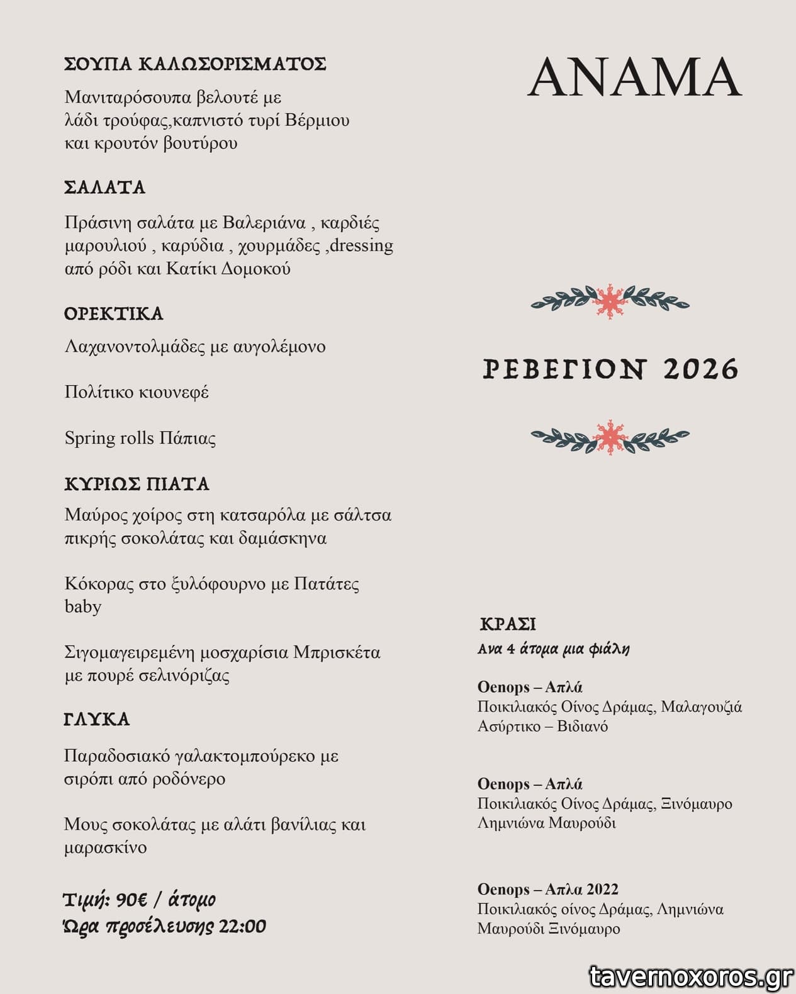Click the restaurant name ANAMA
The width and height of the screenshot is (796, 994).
(x=634, y=77)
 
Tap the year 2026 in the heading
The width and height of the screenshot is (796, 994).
(x=700, y=369)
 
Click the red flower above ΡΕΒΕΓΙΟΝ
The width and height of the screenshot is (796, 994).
(x=609, y=301)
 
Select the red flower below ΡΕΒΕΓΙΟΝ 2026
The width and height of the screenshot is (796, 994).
(x=609, y=437)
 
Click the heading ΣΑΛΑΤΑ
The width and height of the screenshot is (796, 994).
(x=105, y=187)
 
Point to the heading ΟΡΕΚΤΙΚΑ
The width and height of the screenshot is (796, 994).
(x=114, y=313)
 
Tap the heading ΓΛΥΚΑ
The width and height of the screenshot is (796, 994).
(x=97, y=719)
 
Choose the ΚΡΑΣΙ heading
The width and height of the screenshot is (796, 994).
(x=508, y=624)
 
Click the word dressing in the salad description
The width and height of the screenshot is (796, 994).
(x=361, y=245)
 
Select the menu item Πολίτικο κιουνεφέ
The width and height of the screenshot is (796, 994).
(x=137, y=392)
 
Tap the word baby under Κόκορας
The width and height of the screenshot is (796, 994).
(x=83, y=606)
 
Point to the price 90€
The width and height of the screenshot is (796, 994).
(x=132, y=900)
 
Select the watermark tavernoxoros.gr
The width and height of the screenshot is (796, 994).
(x=691, y=976)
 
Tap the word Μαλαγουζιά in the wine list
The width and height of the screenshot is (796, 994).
(x=702, y=706)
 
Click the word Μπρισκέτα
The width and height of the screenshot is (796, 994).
(x=337, y=652)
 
